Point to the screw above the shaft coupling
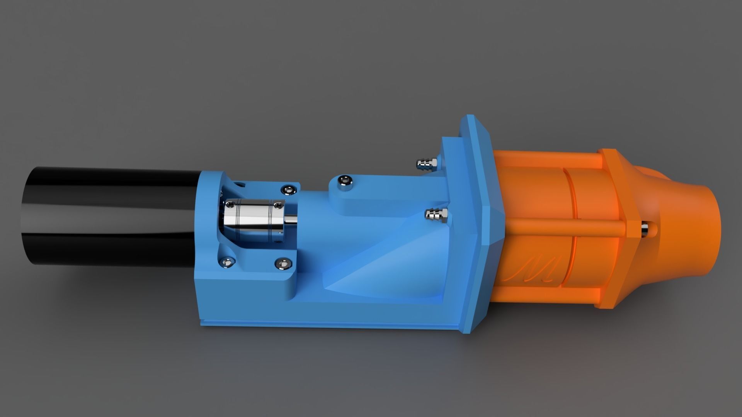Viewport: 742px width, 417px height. coord(288,189)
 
